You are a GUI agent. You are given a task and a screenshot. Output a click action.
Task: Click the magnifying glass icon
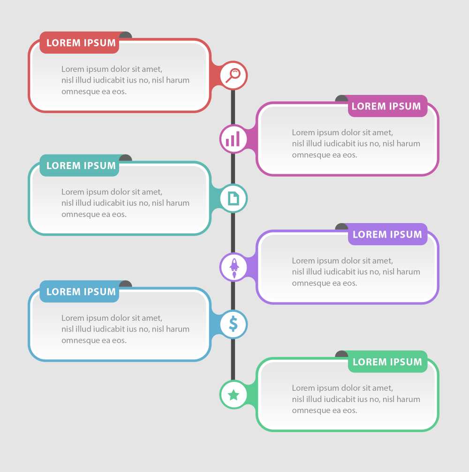coord(233,75)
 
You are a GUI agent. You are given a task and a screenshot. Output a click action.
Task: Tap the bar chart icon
coord(233,139)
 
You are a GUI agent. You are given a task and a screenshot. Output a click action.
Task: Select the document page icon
coord(233,199)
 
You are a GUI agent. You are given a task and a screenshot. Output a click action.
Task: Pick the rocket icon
coord(234,267)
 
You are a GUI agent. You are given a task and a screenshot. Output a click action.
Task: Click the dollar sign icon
coord(233,324)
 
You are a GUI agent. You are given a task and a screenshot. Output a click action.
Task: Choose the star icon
coord(233,395)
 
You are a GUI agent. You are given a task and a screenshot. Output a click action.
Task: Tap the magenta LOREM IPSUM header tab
coord(387,106)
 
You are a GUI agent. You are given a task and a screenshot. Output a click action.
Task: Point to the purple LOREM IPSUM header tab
coord(387,234)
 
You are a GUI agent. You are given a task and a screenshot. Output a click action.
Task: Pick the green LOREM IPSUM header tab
coord(387,362)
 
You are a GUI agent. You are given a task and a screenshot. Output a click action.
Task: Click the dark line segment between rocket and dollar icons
coord(233,295)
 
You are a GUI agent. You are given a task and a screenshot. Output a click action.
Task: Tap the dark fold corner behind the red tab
coord(126,35)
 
